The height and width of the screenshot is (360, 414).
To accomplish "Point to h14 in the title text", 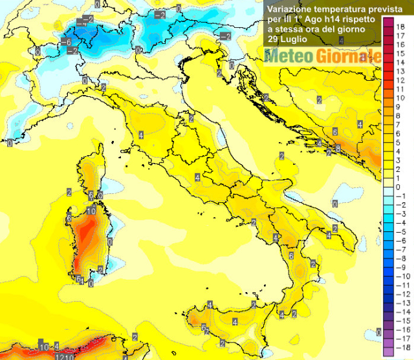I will (318, 20).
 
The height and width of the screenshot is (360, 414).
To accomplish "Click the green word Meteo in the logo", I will (288, 57).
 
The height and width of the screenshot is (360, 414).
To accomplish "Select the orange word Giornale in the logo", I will (346, 57).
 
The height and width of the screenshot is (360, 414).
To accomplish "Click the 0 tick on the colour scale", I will (400, 186).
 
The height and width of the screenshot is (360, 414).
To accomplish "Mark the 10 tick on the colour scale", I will (402, 97).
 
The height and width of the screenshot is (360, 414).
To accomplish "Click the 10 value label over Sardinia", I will (91, 211).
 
